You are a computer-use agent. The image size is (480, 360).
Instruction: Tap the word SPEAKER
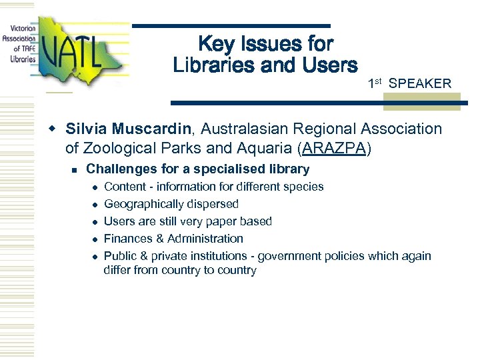pyautogui.click(x=420, y=83)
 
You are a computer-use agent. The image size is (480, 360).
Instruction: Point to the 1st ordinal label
pyautogui.click(x=374, y=83)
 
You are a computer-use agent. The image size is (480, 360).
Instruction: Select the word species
pyautogui.click(x=304, y=187)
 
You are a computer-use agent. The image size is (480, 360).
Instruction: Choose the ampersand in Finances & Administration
pyautogui.click(x=160, y=239)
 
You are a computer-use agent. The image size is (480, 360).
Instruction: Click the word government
pyautogui.click(x=289, y=256)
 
